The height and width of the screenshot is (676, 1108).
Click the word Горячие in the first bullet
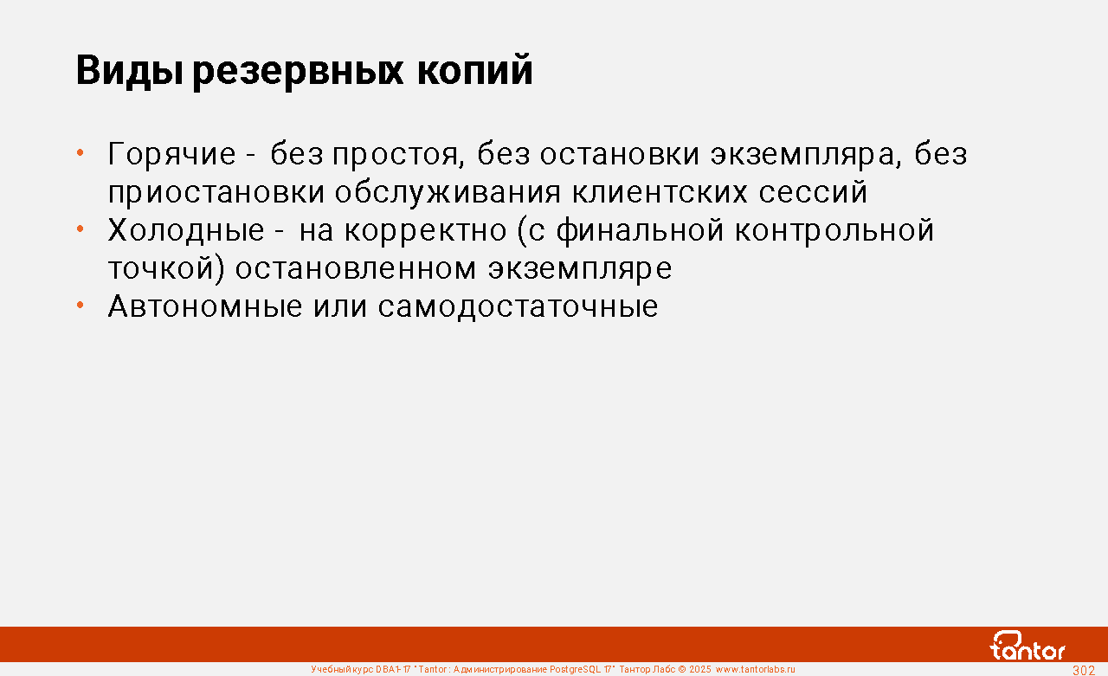click(171, 154)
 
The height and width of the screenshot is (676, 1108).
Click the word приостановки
click(216, 192)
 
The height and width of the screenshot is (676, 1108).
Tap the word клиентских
click(660, 192)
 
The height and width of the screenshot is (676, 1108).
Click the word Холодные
click(186, 230)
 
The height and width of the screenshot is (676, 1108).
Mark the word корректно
click(426, 231)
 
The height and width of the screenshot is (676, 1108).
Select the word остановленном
click(356, 268)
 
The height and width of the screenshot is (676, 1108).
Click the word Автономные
click(205, 306)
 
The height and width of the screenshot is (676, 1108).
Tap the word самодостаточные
click(518, 307)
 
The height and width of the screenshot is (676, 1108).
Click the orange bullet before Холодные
click(81, 229)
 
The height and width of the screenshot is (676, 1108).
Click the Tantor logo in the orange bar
click(1027, 646)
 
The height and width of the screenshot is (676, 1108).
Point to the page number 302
click(1084, 670)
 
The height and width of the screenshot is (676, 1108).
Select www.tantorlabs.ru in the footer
click(756, 670)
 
